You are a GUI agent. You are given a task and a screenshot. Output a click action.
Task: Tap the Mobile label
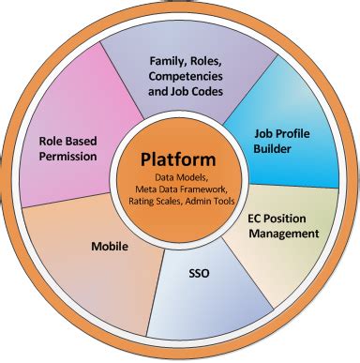coord(110,247)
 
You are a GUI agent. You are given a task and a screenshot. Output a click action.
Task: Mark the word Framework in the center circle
coord(201,190)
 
